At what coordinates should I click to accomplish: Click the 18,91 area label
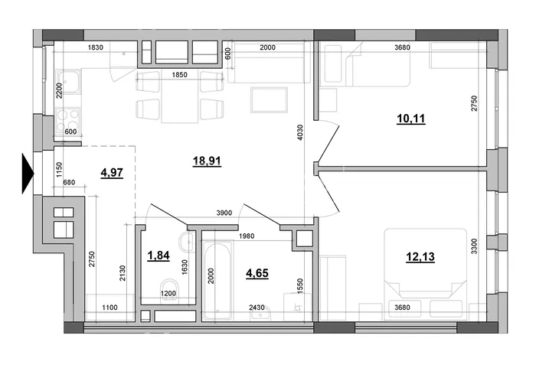pyautogui.click(x=207, y=160)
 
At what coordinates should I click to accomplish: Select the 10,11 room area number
pyautogui.click(x=411, y=119)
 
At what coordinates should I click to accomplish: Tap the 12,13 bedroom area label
pyautogui.click(x=420, y=256)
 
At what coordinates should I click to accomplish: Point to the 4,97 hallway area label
pyautogui.click(x=112, y=173)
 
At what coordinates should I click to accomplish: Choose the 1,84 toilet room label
pyautogui.click(x=159, y=256)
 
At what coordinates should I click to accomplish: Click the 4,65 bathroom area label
pyautogui.click(x=257, y=273)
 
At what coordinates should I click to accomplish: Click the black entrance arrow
pyautogui.click(x=28, y=174)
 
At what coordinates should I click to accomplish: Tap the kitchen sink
pyautogui.click(x=68, y=82)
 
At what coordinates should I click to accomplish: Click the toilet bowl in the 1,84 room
pyautogui.click(x=169, y=289)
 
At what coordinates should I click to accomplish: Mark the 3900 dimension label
pyautogui.click(x=224, y=213)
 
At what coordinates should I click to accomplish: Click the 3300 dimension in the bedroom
pyautogui.click(x=474, y=246)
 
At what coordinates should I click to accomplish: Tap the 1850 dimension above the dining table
pyautogui.click(x=179, y=75)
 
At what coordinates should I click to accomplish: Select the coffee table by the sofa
pyautogui.click(x=269, y=99)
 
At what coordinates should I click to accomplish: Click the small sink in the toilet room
pyautogui.click(x=186, y=242)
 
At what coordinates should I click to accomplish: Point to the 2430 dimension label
pyautogui.click(x=257, y=308)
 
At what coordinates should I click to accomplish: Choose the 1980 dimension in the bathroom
pyautogui.click(x=247, y=236)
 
